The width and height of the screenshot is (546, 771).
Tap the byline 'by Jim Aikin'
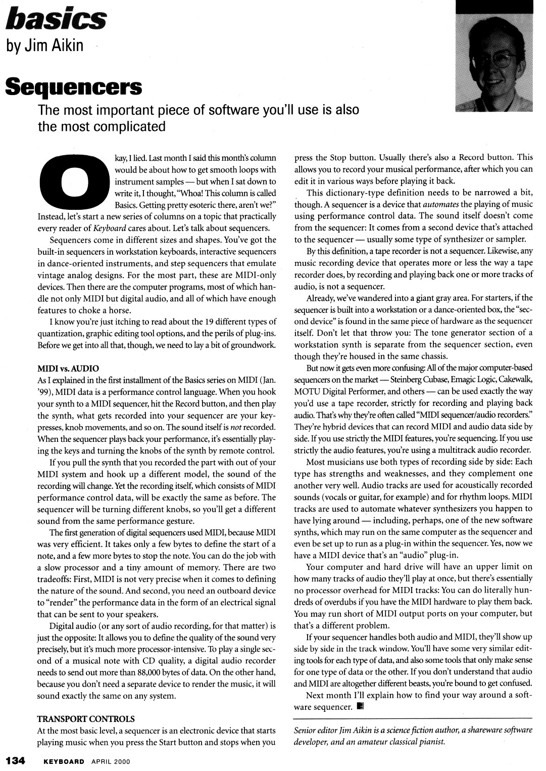coord(44,46)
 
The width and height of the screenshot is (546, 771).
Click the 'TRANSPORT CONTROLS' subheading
coord(86,718)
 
